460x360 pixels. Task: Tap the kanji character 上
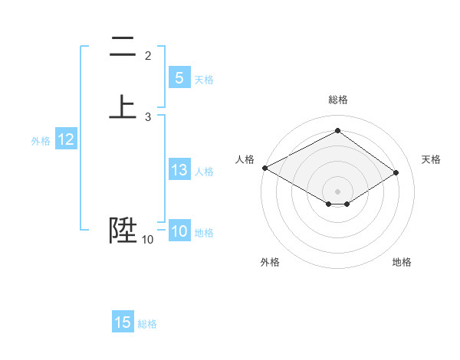pyautogui.click(x=122, y=106)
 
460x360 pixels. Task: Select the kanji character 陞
pyautogui.click(x=123, y=229)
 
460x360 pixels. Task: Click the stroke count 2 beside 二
pyautogui.click(x=148, y=56)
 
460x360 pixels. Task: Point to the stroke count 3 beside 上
pyautogui.click(x=148, y=117)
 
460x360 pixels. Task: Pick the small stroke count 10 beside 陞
pyautogui.click(x=147, y=240)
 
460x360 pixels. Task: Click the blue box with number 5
pyautogui.click(x=179, y=77)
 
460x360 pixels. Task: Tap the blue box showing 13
pyautogui.click(x=179, y=170)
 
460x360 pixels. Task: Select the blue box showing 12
pyautogui.click(x=65, y=139)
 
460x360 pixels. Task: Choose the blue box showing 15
pyautogui.click(x=123, y=322)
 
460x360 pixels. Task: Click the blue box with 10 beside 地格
pyautogui.click(x=179, y=231)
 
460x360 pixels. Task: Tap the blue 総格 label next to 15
pyautogui.click(x=147, y=324)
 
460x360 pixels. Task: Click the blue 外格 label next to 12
pyautogui.click(x=41, y=141)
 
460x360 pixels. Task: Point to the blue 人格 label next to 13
pyautogui.click(x=205, y=172)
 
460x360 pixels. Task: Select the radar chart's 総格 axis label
pyautogui.click(x=337, y=100)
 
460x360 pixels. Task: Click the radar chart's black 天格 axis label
pyautogui.click(x=432, y=159)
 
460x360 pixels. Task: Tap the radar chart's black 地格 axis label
pyautogui.click(x=402, y=262)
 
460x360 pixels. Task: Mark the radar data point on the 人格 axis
pyautogui.click(x=264, y=168)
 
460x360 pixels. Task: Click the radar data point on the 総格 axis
pyautogui.click(x=337, y=131)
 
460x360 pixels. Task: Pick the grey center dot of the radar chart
pyautogui.click(x=337, y=191)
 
